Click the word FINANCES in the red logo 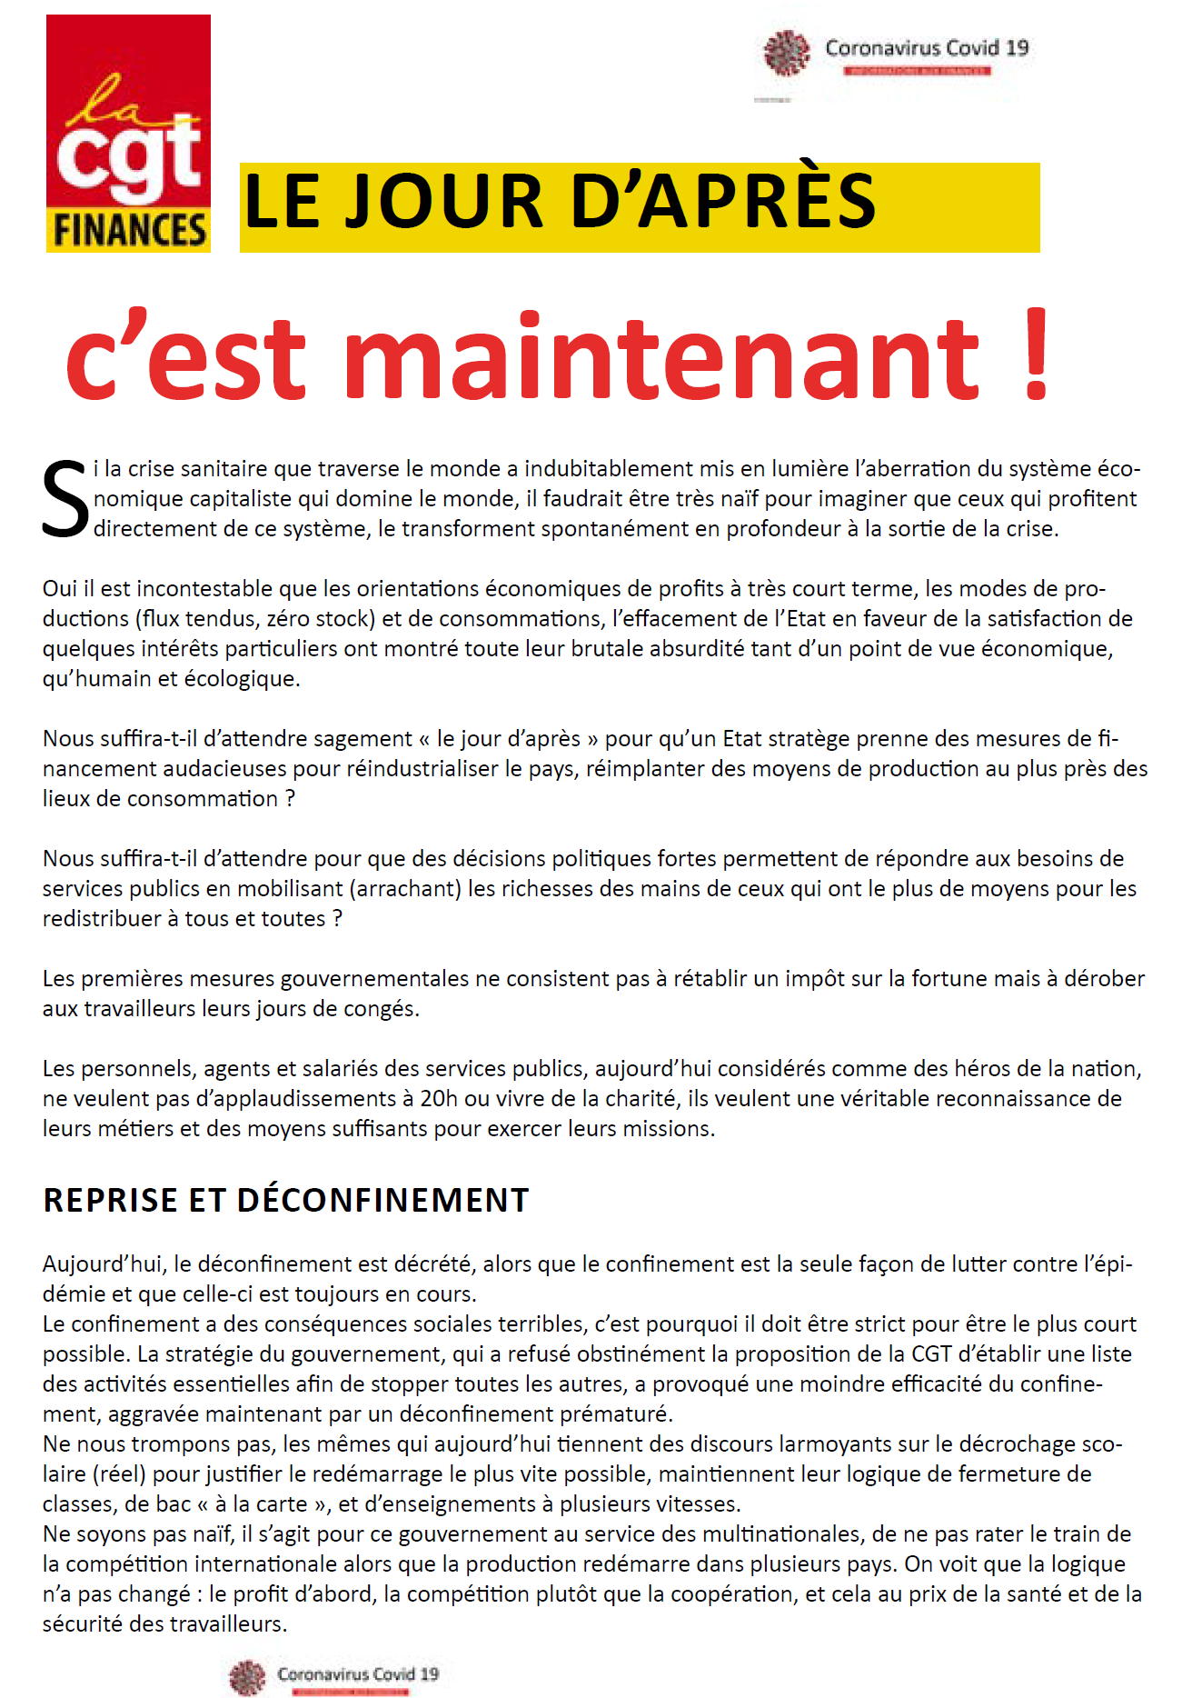[x=129, y=229]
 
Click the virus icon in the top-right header [x=786, y=52]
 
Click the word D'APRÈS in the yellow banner [x=723, y=202]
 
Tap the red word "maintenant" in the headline [x=661, y=357]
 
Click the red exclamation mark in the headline [x=1036, y=355]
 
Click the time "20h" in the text [x=439, y=1099]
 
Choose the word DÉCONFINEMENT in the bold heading [x=382, y=1201]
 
